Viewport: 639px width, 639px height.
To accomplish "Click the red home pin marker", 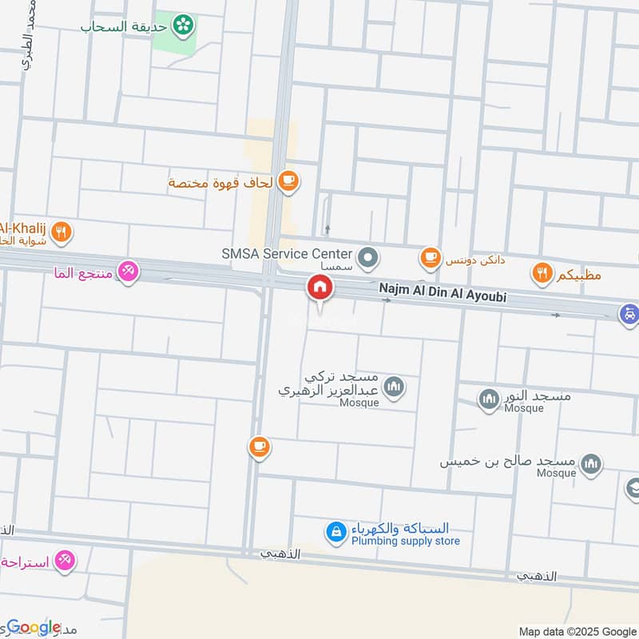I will point(320,288).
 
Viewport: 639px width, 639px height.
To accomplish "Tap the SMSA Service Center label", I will point(287,253).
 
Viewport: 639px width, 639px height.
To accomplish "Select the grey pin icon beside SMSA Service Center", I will point(368,257).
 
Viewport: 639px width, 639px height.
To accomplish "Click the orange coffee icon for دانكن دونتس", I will point(431,257).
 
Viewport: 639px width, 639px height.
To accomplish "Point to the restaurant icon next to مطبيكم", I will point(542,274).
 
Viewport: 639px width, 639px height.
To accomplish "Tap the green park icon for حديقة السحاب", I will point(185,25).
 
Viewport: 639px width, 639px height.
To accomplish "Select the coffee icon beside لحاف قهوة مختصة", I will point(289,182).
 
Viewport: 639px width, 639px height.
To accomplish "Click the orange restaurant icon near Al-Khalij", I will point(62,232).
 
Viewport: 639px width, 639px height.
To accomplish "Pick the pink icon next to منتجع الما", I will point(127,272).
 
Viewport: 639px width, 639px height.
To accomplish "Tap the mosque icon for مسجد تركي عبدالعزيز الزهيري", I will point(393,388).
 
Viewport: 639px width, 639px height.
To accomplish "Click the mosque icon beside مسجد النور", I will point(489,397).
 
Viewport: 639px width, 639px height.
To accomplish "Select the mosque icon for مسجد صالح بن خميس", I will point(591,463).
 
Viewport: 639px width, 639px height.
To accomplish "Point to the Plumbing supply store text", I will point(406,541).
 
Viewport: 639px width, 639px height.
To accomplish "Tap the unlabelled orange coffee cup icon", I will point(258,447).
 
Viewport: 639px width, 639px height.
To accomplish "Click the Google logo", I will point(34,627).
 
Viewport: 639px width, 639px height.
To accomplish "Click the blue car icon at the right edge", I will point(629,315).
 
